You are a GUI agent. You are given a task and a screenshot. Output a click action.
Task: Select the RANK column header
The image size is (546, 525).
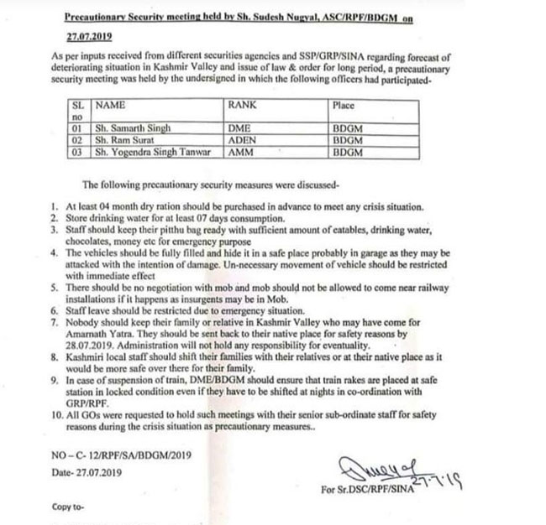241,107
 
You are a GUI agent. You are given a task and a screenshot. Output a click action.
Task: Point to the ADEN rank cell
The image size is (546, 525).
242,141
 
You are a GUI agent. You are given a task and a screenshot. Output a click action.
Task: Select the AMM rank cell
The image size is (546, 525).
240,153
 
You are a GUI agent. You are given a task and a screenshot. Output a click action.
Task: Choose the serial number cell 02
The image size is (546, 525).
76,141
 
